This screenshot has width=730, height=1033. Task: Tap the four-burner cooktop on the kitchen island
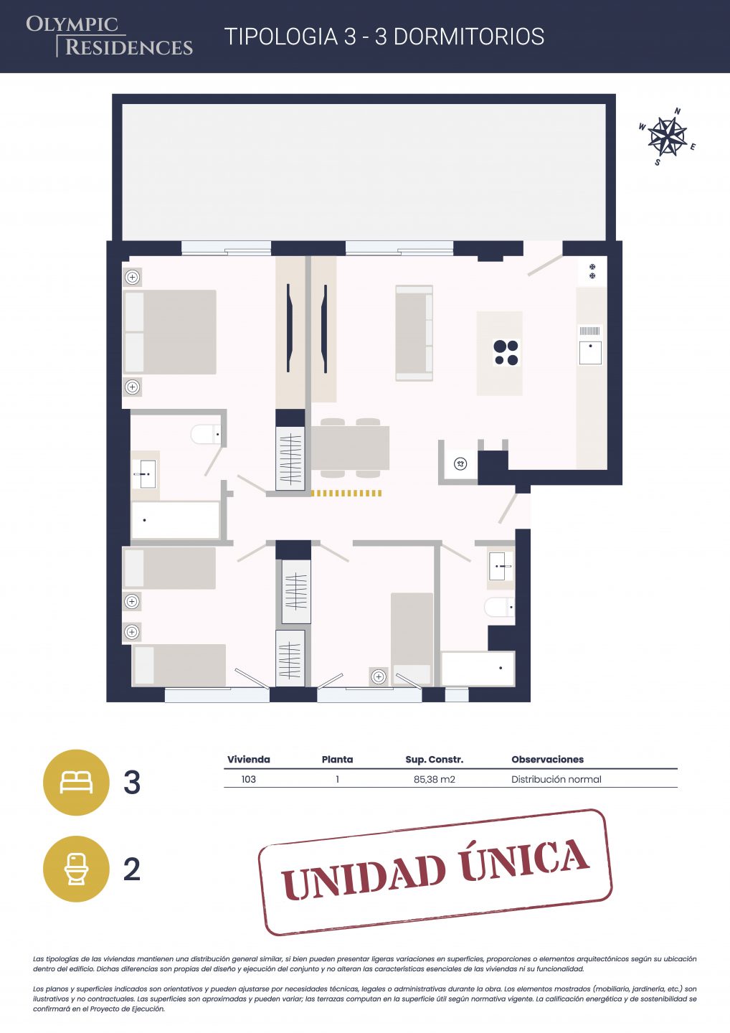(x=506, y=352)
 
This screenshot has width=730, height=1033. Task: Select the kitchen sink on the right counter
(x=590, y=353)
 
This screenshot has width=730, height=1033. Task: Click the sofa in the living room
(x=414, y=333)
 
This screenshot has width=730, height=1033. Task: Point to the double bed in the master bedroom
(x=170, y=332)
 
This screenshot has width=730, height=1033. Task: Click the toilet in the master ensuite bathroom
(x=206, y=434)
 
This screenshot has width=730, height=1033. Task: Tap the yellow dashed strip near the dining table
(x=346, y=494)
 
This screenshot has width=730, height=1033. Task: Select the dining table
(x=350, y=448)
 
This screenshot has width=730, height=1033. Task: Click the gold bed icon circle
(x=76, y=783)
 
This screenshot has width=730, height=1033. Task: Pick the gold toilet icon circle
(x=76, y=869)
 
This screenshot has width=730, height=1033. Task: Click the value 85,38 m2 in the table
(x=434, y=779)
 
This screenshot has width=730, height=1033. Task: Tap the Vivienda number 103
(x=248, y=779)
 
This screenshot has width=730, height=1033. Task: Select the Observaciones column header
(x=548, y=760)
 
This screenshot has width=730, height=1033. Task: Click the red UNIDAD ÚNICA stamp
(x=435, y=872)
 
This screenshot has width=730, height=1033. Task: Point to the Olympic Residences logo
(x=109, y=37)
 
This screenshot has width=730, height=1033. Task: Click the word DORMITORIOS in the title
(x=469, y=37)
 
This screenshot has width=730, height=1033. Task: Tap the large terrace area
(x=364, y=171)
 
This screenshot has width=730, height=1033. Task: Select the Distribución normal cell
(x=556, y=779)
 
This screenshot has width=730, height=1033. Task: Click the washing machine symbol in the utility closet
(x=460, y=463)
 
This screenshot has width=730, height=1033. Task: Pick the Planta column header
(x=337, y=760)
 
